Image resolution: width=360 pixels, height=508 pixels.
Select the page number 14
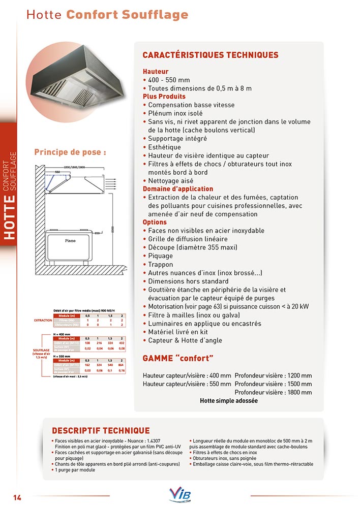click(17, 496)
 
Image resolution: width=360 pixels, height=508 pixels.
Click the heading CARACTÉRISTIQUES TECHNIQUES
click(210, 55)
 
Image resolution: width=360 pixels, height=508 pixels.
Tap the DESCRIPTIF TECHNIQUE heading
click(101, 431)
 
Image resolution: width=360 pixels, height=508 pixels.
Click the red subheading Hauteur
click(156, 72)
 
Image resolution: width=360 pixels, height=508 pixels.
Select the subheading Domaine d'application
click(178, 189)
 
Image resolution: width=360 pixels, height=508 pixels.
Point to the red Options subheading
click(155, 223)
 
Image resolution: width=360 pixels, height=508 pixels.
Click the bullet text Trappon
click(161, 264)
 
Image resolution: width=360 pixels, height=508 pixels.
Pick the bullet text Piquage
click(161, 256)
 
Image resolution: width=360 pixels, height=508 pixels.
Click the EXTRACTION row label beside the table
click(43, 321)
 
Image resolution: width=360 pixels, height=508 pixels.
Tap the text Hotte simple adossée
click(229, 401)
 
